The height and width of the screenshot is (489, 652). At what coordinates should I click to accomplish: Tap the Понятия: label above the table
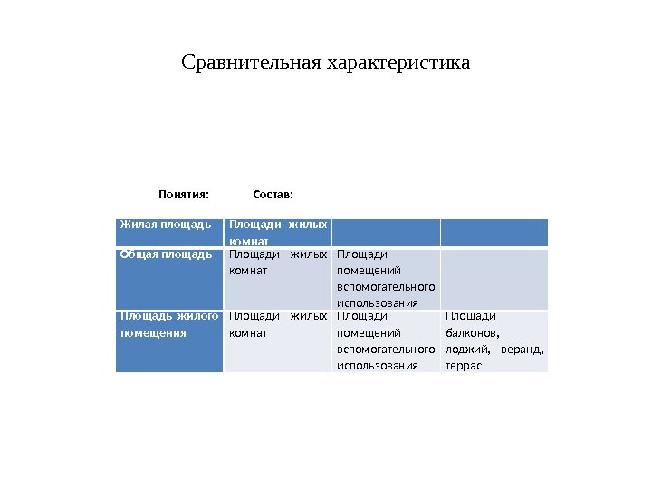coord(184,194)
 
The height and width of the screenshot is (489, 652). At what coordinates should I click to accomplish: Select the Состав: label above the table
coord(273,194)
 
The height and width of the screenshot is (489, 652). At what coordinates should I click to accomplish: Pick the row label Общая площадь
coord(166,254)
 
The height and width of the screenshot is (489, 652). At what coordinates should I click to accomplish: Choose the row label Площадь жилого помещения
coord(169,324)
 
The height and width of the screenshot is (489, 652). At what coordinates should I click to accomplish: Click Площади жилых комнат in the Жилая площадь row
coord(278,233)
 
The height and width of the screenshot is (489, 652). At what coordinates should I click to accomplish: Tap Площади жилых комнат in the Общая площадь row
coord(278,263)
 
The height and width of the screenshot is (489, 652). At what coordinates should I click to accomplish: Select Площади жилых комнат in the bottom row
coord(278,324)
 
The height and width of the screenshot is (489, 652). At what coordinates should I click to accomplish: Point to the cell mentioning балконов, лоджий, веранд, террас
coord(494,340)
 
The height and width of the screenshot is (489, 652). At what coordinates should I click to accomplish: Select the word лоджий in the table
coord(464,349)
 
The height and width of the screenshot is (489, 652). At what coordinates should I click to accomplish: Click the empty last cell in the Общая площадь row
coord(494,279)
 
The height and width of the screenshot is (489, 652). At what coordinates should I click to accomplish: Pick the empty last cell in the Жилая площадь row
coord(494,232)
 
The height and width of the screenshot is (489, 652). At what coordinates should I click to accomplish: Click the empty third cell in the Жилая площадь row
coord(386,232)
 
